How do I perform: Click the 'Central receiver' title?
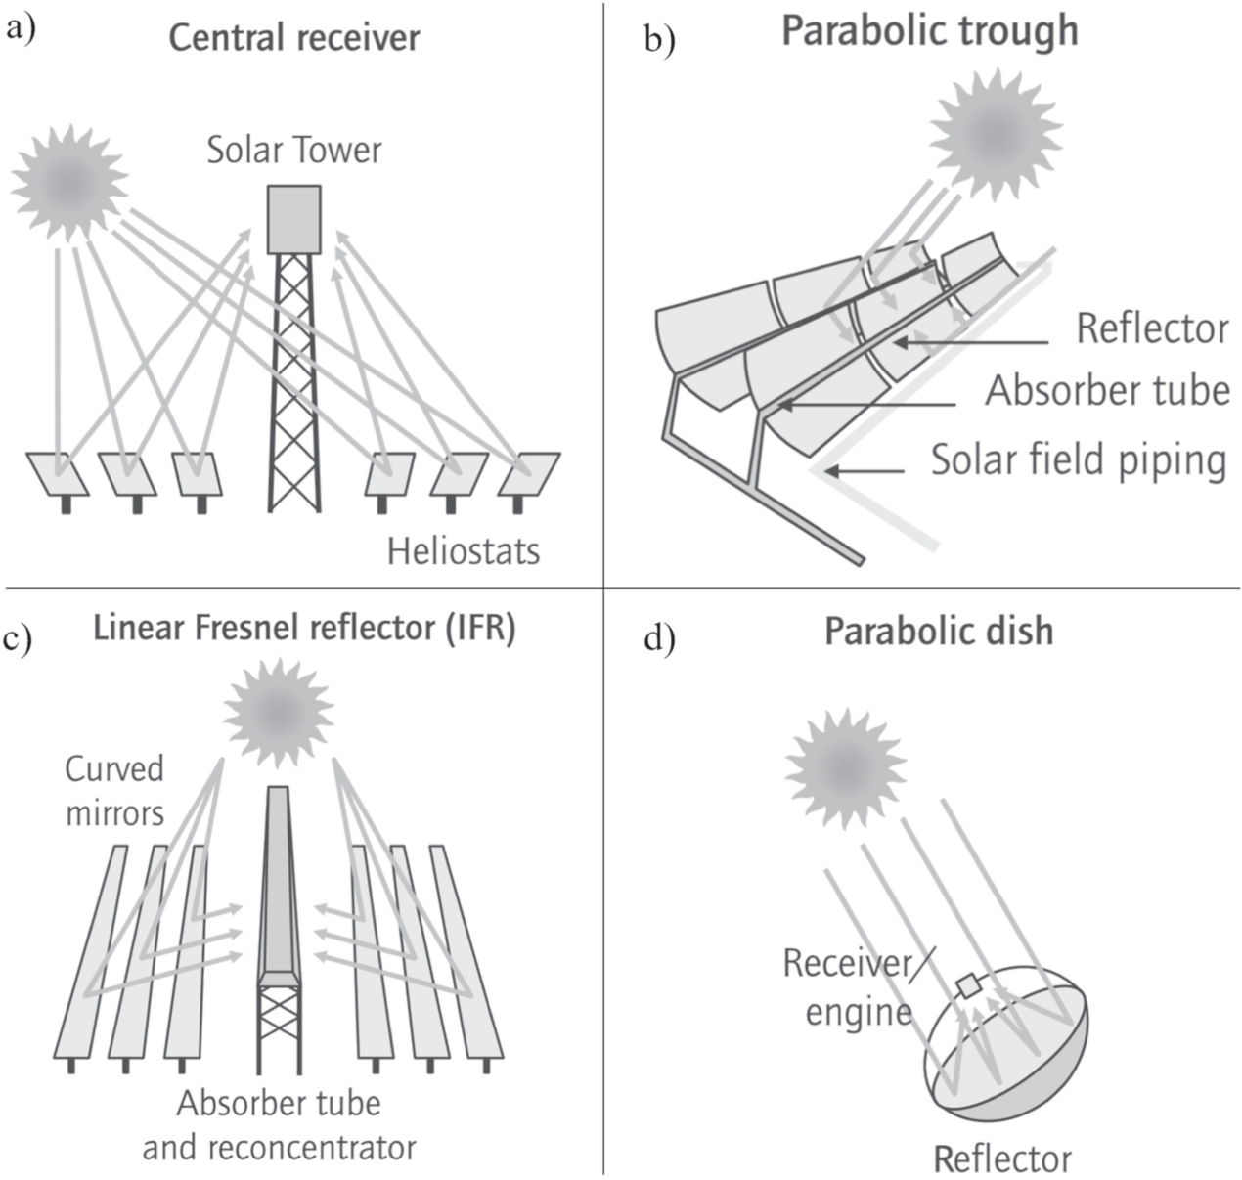pyautogui.click(x=293, y=38)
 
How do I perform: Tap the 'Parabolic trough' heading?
pyautogui.click(x=929, y=31)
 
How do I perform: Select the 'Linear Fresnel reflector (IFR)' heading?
pyautogui.click(x=304, y=628)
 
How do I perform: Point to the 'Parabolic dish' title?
pyautogui.click(x=939, y=631)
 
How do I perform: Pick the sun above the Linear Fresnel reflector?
pyautogui.click(x=279, y=711)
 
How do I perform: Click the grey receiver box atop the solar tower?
pyautogui.click(x=293, y=219)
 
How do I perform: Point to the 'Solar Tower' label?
pyautogui.click(x=293, y=151)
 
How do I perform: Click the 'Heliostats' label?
pyautogui.click(x=463, y=551)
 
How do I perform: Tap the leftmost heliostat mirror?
pyautogui.click(x=58, y=473)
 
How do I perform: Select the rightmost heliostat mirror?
pyautogui.click(x=528, y=473)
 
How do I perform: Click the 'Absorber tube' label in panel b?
pyautogui.click(x=1107, y=391)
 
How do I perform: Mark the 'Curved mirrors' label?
pyautogui.click(x=114, y=790)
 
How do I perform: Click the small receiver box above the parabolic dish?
pyautogui.click(x=968, y=986)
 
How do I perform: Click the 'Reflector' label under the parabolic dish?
pyautogui.click(x=1002, y=1158)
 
